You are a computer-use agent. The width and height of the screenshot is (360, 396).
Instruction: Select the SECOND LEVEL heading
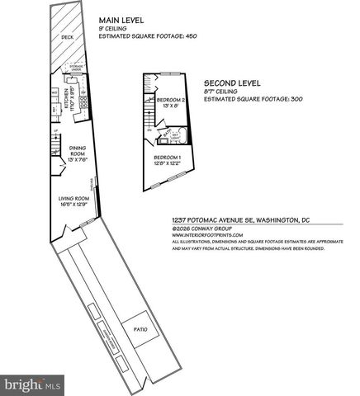tap(232, 83)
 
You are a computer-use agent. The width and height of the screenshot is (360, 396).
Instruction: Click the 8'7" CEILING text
tap(222, 92)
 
